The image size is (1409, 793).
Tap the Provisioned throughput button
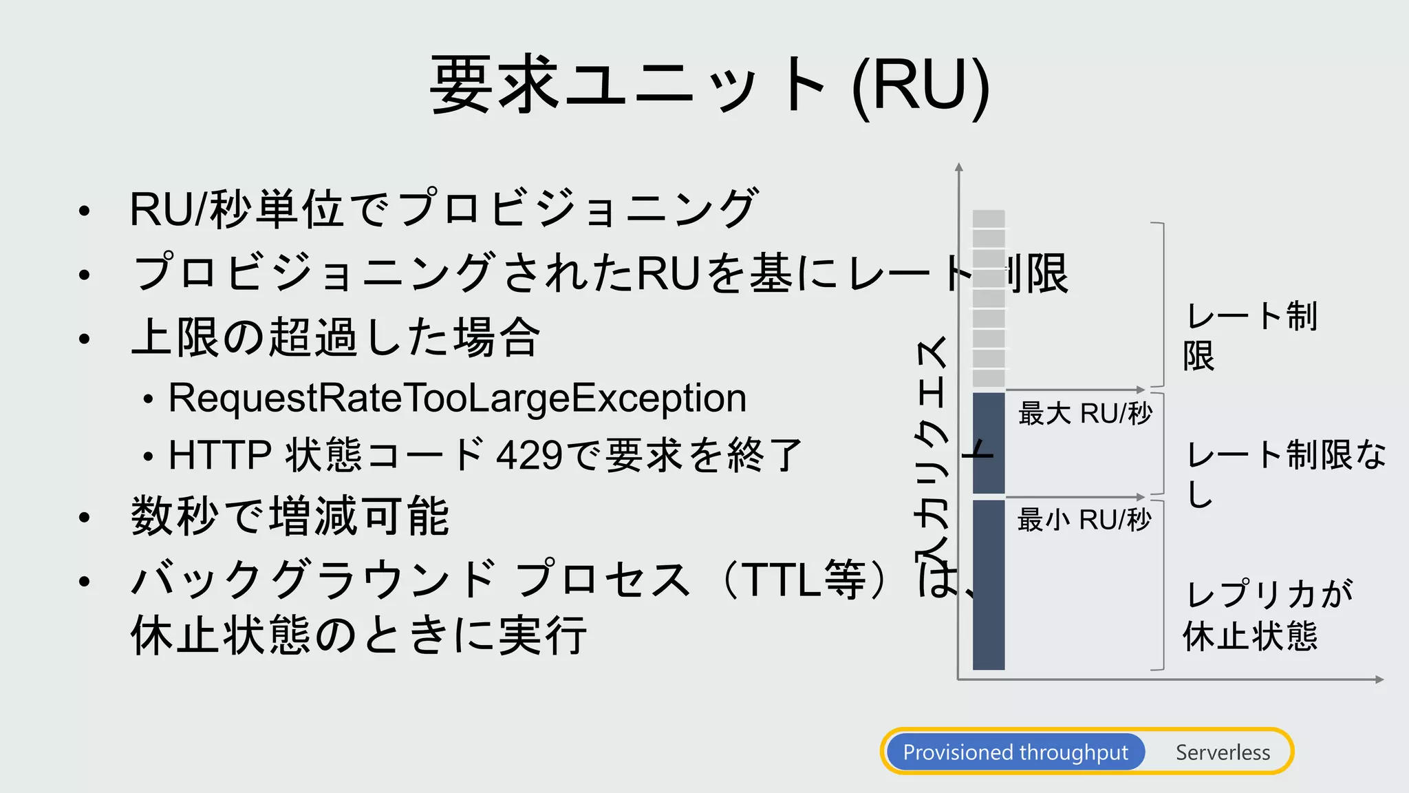(1015, 752)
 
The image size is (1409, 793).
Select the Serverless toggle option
(1223, 752)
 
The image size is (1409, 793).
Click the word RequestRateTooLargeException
(458, 398)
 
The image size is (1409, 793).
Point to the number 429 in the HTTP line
(530, 455)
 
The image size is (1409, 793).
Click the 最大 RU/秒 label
(1085, 414)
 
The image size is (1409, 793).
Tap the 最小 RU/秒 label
(1084, 520)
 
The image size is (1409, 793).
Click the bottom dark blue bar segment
(989, 584)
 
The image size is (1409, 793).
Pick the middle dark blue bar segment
(989, 443)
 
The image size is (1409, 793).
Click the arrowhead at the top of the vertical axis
(959, 167)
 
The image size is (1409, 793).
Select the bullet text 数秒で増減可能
(290, 516)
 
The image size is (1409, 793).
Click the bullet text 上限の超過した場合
(336, 337)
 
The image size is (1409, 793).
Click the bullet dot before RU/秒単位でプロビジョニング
(84, 211)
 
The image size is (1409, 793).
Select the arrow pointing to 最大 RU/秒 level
(1139, 390)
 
